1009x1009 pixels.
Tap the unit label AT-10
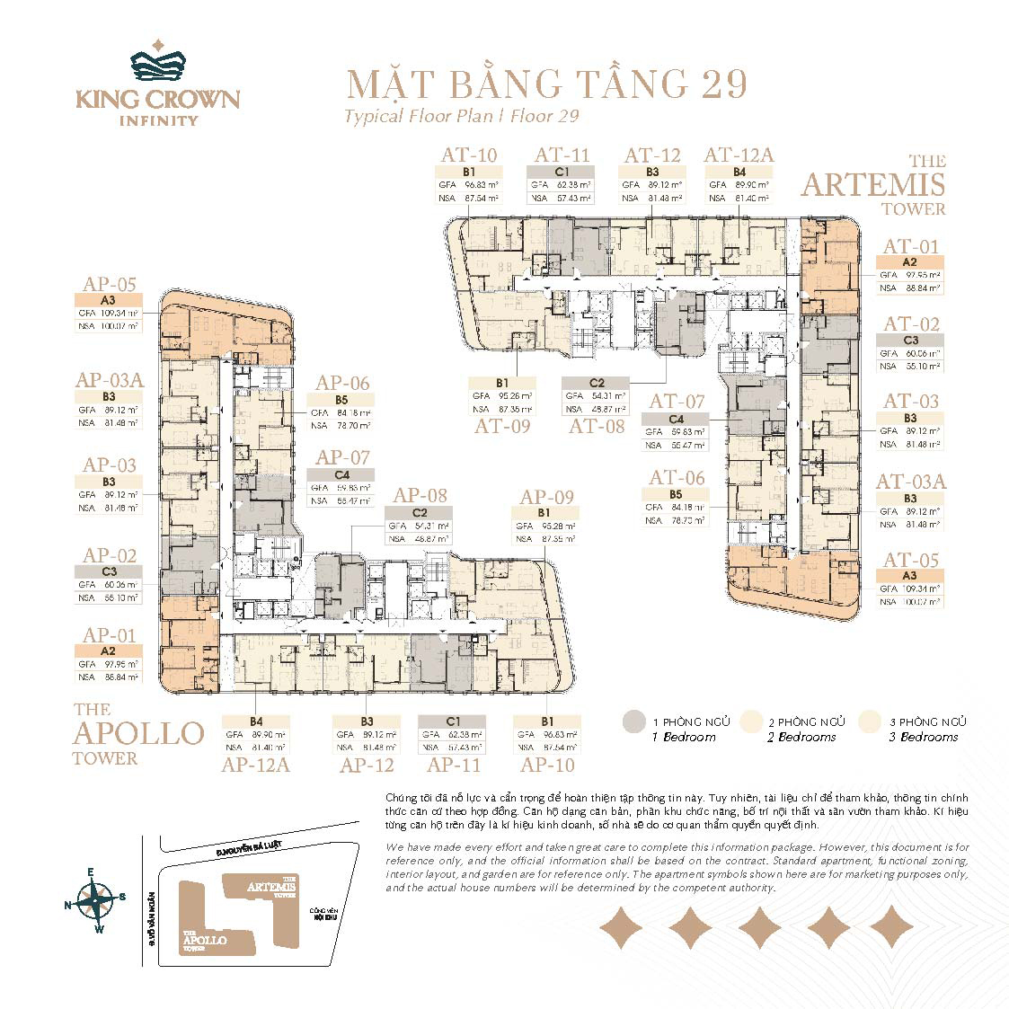(467, 155)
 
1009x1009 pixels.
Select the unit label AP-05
(109, 285)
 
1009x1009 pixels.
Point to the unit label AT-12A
(739, 155)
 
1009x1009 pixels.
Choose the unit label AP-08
(420, 495)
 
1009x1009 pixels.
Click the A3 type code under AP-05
(109, 300)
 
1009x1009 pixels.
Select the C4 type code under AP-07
(341, 474)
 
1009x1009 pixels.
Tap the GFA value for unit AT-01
(922, 275)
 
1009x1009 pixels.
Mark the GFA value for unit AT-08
(598, 395)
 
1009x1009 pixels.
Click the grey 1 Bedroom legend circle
(634, 721)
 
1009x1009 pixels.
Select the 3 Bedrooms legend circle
(870, 721)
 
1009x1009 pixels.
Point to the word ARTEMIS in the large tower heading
(872, 185)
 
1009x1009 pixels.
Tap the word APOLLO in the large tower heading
(138, 733)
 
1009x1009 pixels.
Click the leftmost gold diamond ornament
(622, 927)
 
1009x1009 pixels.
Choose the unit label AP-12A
(255, 765)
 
